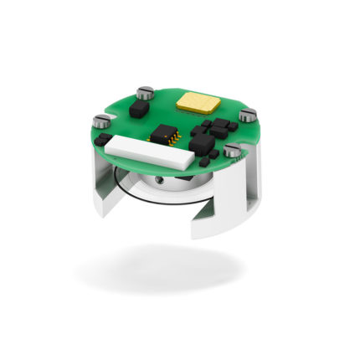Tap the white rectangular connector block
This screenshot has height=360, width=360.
(139, 150)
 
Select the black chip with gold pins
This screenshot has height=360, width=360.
(165, 135)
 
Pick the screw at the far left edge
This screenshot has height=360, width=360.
(102, 121)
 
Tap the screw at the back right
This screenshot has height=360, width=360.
(247, 116)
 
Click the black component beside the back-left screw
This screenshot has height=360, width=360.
(142, 108)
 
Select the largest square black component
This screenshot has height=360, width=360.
(203, 144)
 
